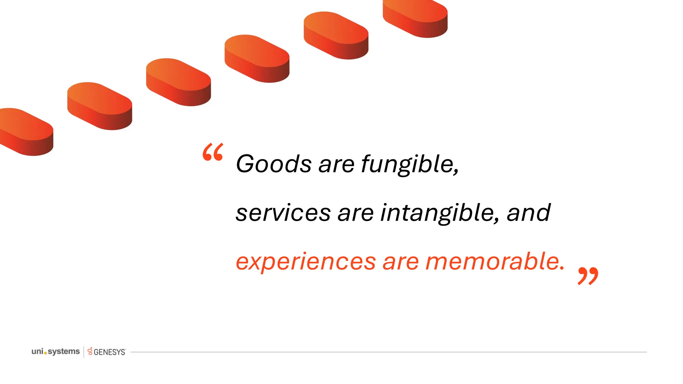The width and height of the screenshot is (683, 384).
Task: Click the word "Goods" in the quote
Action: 273,164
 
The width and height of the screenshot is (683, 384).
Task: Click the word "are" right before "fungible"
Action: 336,165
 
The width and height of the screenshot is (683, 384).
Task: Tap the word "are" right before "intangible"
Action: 356,213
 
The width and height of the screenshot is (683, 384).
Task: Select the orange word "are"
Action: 401,262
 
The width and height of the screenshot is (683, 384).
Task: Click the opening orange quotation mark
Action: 213,152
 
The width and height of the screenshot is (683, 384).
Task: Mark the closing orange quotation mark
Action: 588,276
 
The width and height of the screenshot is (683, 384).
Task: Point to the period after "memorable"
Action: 562,268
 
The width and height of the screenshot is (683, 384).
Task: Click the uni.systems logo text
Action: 56,351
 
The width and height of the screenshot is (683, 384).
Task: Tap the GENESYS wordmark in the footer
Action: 109,352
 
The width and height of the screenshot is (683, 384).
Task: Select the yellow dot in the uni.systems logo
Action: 45,353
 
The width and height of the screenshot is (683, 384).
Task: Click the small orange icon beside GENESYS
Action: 90,351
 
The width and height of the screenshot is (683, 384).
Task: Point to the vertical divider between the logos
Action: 84,352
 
